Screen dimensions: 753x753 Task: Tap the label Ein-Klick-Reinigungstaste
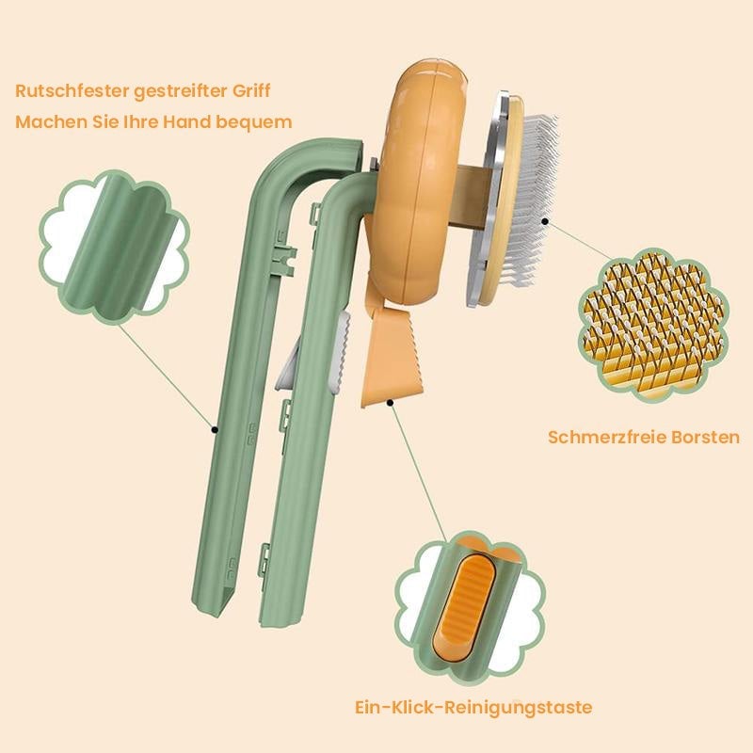pos(473,707)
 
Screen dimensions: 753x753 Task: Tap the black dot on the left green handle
pos(216,428)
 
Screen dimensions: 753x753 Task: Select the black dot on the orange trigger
pos(391,402)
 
